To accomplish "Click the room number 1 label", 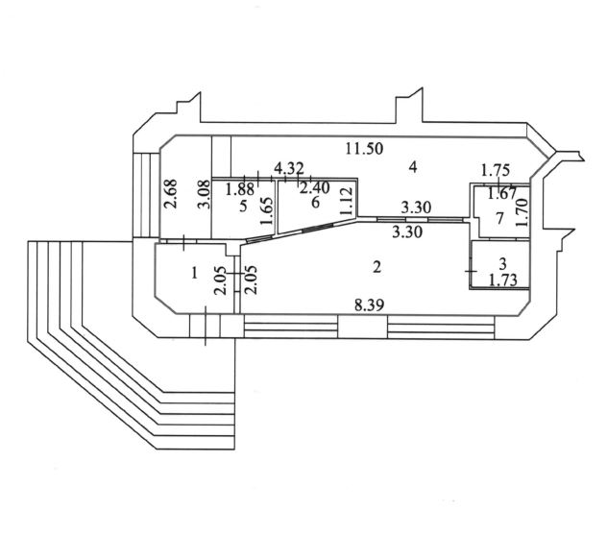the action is (195, 274).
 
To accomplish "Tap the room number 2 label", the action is (376, 267).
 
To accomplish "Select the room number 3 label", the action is (502, 264).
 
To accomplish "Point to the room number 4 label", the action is (413, 167).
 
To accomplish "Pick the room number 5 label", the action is (243, 206).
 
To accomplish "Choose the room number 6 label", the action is (315, 202).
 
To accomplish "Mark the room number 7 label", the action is (499, 219).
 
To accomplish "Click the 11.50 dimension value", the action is (364, 148).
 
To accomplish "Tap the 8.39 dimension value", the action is (370, 305).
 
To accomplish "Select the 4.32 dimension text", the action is (289, 168).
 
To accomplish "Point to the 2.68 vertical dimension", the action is (171, 194).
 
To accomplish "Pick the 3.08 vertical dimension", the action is (204, 194).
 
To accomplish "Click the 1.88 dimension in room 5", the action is (240, 189).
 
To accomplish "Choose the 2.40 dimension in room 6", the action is (315, 188).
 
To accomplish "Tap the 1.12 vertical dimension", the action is (346, 202).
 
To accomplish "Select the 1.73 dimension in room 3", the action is (503, 280).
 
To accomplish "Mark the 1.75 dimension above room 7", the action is (496, 170).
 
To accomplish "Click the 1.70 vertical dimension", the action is (522, 212).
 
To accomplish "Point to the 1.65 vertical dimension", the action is (266, 211).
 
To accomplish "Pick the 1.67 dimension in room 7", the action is (502, 193).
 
